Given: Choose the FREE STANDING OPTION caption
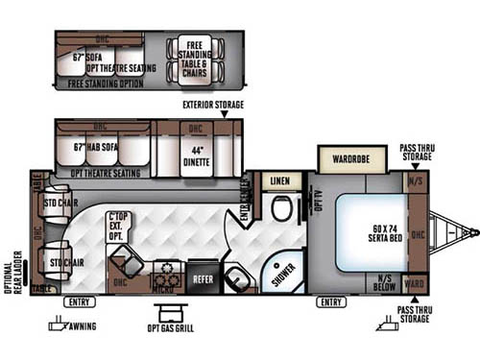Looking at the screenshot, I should (106, 84).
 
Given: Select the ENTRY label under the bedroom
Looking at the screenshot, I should (331, 303).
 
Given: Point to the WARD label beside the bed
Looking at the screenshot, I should (415, 285).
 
